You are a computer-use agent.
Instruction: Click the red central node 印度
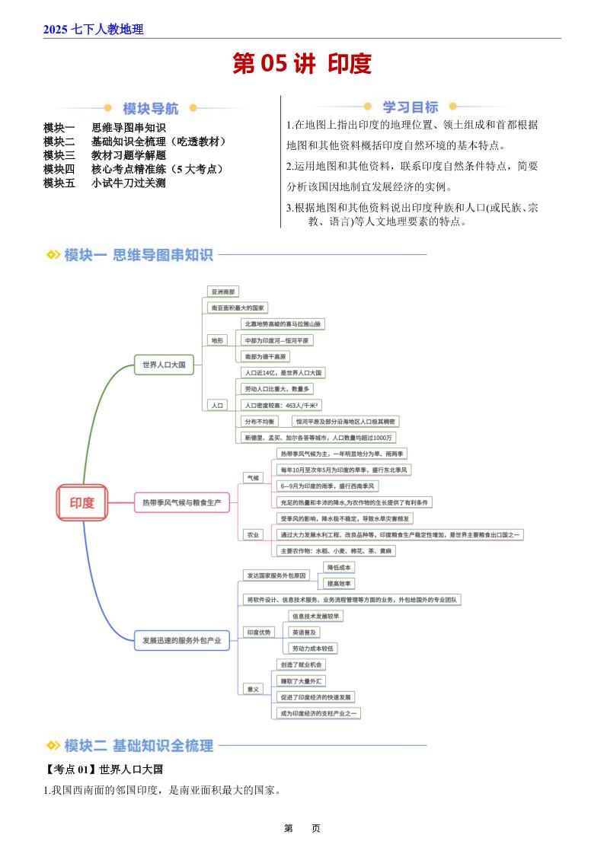click(x=82, y=502)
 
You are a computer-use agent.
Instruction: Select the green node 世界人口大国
click(x=164, y=365)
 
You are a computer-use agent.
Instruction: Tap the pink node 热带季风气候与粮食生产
click(x=181, y=502)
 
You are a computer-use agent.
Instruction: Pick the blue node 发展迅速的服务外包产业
click(x=181, y=641)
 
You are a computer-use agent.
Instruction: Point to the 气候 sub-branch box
click(x=251, y=478)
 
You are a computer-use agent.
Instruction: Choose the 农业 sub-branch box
click(x=252, y=535)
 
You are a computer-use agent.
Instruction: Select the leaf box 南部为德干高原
click(x=266, y=356)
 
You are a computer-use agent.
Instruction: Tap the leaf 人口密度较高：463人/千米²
click(x=280, y=405)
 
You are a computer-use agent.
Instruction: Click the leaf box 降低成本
click(x=339, y=567)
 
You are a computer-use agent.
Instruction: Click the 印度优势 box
click(x=259, y=632)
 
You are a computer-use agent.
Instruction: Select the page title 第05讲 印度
click(x=302, y=64)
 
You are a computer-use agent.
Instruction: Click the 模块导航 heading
click(x=151, y=108)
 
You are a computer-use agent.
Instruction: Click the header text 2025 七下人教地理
click(x=94, y=30)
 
